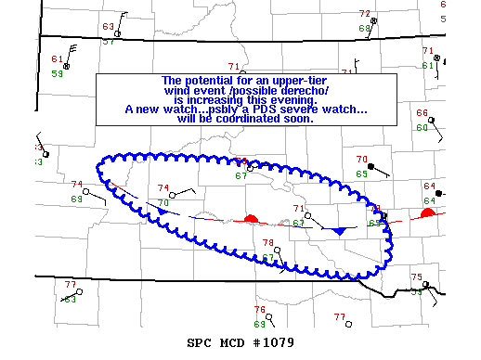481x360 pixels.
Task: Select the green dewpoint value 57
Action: [x=109, y=41]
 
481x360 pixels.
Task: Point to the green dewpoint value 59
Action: [x=58, y=73]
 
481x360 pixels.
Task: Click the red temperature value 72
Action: [x=364, y=14]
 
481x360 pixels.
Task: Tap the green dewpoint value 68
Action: [x=364, y=29]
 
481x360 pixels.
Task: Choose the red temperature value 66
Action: [x=422, y=113]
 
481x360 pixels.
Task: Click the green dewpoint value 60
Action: [x=422, y=128]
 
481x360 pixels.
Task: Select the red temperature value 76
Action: [x=260, y=309]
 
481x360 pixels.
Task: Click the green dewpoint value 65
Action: [x=361, y=174]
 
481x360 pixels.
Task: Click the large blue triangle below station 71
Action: [x=339, y=229]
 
